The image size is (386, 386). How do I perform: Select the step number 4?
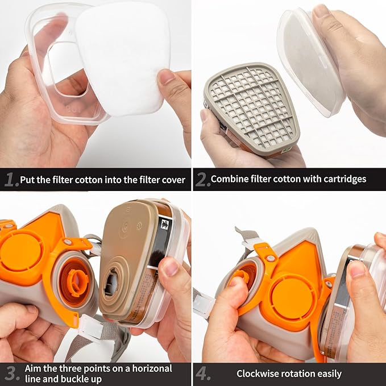pos(202,374)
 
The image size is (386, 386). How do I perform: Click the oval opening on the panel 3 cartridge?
pos(111,283)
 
